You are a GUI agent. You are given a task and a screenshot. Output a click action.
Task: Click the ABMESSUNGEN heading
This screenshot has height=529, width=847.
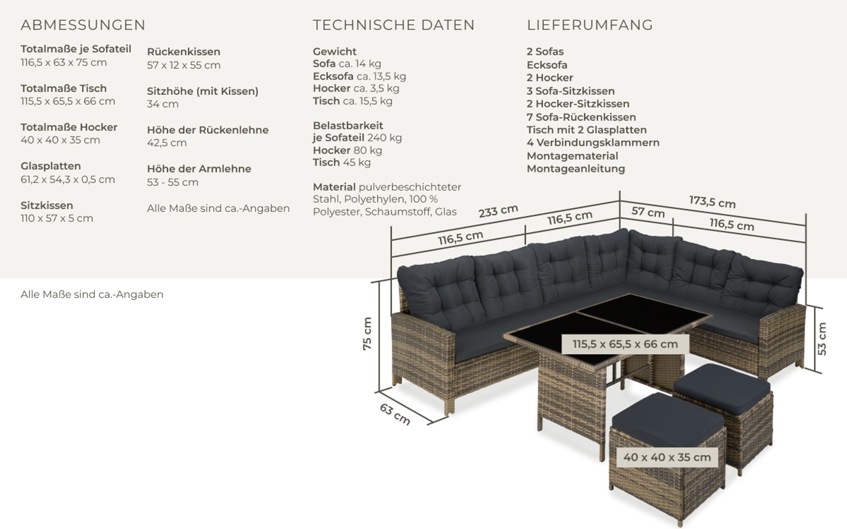pyautogui.click(x=83, y=25)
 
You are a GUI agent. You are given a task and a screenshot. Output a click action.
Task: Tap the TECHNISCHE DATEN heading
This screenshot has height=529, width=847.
pyautogui.click(x=394, y=25)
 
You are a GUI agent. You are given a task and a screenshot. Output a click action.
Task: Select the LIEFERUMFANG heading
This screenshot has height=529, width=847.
pyautogui.click(x=590, y=25)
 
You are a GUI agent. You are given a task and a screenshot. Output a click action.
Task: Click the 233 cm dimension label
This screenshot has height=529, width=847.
pyautogui.click(x=498, y=211)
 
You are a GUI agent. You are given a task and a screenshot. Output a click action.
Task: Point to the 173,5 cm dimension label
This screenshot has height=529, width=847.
pyautogui.click(x=712, y=201)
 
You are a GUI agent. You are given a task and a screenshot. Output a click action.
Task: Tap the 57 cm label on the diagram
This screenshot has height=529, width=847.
pyautogui.click(x=648, y=212)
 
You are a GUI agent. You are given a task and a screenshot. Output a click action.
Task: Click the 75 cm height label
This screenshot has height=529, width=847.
pyautogui.click(x=367, y=333)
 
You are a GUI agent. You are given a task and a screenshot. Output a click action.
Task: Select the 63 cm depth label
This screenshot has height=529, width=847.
pyautogui.click(x=395, y=414)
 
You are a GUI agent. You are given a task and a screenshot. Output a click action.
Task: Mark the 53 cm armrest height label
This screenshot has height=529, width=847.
pyautogui.click(x=822, y=339)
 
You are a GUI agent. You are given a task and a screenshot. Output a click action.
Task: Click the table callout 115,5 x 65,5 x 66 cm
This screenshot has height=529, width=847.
pyautogui.click(x=625, y=344)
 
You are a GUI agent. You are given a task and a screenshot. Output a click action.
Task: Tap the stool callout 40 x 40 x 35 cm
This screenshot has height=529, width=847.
pyautogui.click(x=667, y=457)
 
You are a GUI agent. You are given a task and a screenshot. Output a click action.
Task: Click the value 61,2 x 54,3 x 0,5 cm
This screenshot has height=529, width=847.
pyautogui.click(x=68, y=179)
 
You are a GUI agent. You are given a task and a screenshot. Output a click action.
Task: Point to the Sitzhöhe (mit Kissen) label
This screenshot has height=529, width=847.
pyautogui.click(x=202, y=91)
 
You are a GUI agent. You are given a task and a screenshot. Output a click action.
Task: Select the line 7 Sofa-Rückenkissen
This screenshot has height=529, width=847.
pyautogui.click(x=581, y=117)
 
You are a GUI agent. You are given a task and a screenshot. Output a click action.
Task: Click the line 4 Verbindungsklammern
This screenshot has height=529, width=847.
pyautogui.click(x=593, y=143)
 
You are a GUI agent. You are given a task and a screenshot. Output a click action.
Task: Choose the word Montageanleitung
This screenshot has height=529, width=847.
pyautogui.click(x=576, y=169)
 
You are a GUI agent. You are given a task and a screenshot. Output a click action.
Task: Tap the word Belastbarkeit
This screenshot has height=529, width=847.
pyautogui.click(x=348, y=126)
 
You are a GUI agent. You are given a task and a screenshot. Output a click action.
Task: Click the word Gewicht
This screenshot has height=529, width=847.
pyautogui.click(x=335, y=52)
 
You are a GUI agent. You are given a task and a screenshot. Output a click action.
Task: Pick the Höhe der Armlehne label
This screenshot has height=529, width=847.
pyautogui.click(x=199, y=169)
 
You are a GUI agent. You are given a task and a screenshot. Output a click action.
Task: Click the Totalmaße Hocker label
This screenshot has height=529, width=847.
pyautogui.click(x=69, y=127)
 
